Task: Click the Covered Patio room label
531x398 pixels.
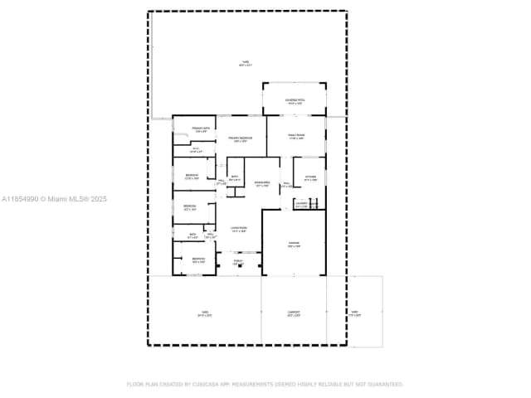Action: coord(295,101)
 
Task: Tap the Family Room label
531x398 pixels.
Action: coord(296,137)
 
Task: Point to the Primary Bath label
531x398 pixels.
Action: coord(199,129)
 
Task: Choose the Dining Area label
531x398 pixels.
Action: coord(263,184)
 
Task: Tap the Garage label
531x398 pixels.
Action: coord(294,245)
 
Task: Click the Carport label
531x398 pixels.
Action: coord(294,314)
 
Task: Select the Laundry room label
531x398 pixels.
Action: coord(300,203)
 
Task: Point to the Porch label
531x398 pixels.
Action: coord(237,262)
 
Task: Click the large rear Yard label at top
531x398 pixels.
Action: coord(246,64)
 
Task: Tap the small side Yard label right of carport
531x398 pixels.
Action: coord(353,314)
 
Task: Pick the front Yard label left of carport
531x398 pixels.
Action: coord(204,314)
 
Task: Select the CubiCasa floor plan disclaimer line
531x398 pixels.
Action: coord(265,384)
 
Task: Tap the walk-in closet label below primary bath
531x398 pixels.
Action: coord(196,151)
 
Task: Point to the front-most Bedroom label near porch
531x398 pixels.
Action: coord(199,260)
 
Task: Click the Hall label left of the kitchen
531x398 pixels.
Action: coord(286,185)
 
